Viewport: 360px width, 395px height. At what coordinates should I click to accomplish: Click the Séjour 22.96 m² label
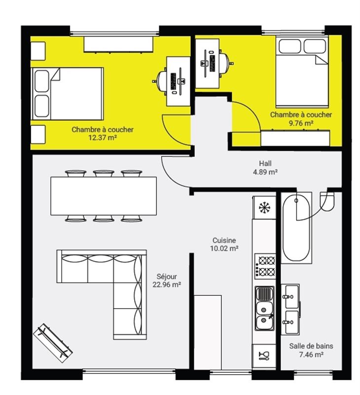[167, 280]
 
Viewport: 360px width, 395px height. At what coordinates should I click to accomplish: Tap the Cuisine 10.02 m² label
[224, 244]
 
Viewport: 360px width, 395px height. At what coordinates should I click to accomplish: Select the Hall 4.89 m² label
[265, 168]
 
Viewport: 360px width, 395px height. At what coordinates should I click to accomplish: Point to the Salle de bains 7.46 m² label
[311, 350]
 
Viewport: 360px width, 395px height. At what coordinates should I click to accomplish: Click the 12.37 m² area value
[103, 138]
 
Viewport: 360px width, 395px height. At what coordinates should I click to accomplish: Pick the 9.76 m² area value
[301, 123]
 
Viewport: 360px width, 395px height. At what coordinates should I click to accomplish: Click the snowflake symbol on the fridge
[264, 207]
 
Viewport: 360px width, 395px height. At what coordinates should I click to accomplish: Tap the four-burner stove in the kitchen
[265, 266]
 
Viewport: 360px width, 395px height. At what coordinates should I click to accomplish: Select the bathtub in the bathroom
[296, 228]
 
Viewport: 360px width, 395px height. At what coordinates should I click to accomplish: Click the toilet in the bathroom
[327, 201]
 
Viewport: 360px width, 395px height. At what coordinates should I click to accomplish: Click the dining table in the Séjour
[104, 196]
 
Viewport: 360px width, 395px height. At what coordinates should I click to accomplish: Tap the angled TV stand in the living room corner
[53, 343]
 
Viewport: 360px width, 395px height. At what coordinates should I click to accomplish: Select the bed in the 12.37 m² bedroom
[68, 94]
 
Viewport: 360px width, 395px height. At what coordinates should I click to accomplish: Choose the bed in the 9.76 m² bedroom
[302, 72]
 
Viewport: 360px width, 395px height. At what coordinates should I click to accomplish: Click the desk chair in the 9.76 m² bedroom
[225, 63]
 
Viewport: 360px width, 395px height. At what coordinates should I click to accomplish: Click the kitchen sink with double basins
[265, 308]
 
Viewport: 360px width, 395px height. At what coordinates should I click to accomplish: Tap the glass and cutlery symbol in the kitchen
[264, 355]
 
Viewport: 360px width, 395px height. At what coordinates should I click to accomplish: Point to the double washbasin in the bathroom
[291, 310]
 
